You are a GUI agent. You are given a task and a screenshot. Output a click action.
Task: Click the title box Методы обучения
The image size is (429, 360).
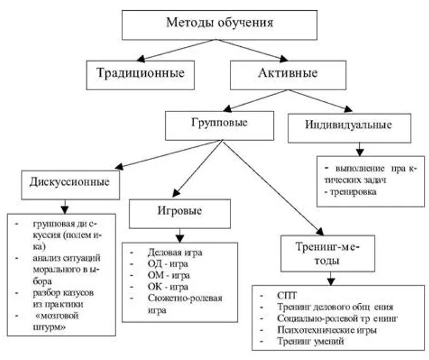point(220,24)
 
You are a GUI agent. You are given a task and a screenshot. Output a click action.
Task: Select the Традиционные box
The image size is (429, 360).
point(140,74)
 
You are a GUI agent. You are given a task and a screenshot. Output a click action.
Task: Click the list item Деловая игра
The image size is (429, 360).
point(174,251)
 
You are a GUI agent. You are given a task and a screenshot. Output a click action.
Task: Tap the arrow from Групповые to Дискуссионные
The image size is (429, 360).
point(166,154)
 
